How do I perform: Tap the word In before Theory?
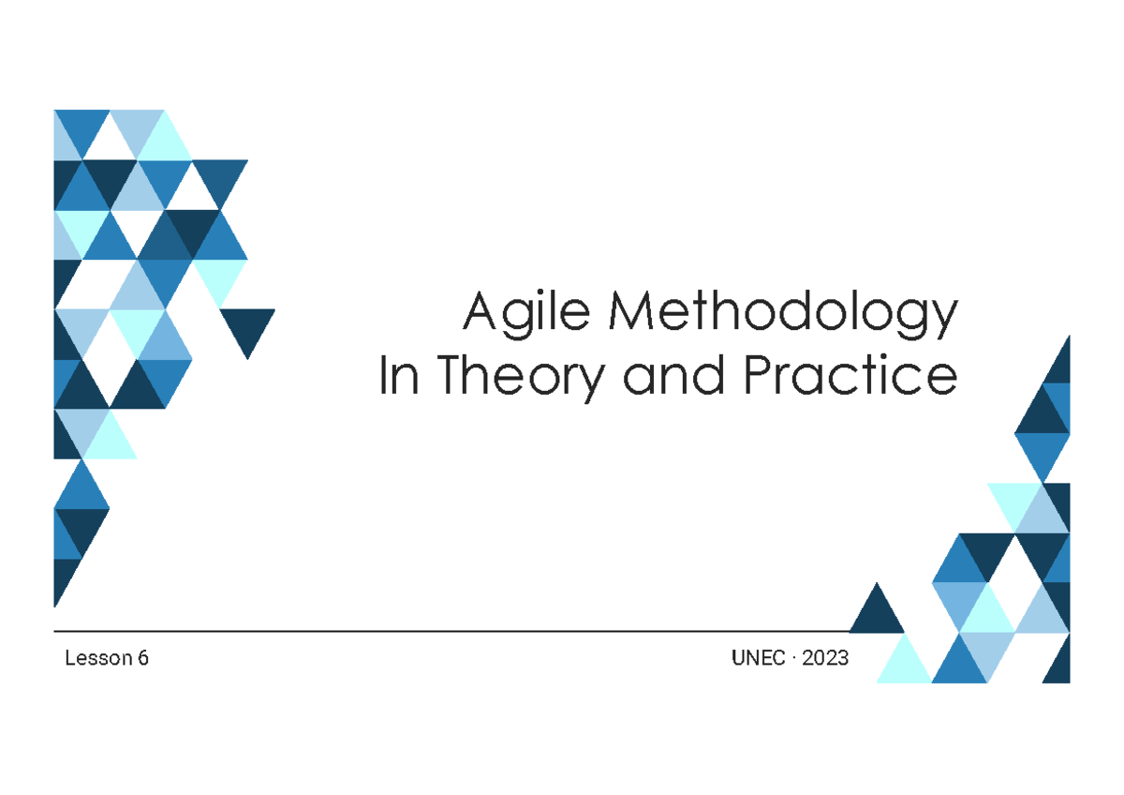pos(394,377)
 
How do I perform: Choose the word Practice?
pos(850,377)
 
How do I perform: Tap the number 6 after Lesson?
pos(143,659)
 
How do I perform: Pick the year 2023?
pos(825,659)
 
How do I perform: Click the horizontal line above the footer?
pos(450,632)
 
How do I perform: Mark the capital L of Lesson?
pos(69,659)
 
